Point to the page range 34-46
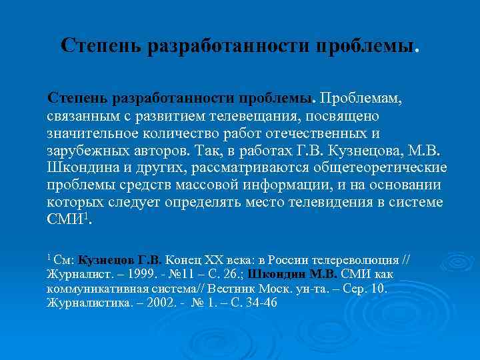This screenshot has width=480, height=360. tap(261, 302)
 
